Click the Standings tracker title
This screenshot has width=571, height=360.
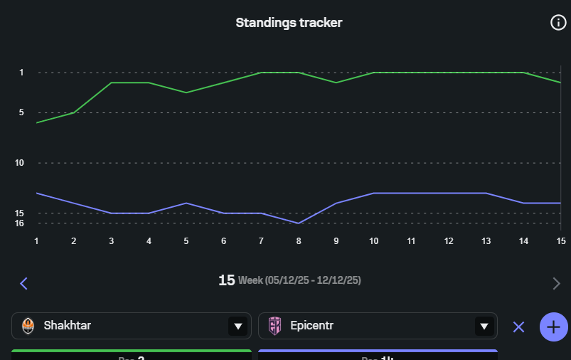(289, 23)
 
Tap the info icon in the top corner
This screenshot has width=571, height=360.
(558, 23)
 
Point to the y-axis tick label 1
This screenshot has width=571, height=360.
(21, 73)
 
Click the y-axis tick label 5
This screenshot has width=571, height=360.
(21, 112)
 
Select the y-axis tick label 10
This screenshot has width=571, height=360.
(20, 163)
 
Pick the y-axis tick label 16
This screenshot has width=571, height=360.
(20, 223)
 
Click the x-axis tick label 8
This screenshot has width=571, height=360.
(299, 241)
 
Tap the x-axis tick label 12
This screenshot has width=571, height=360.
(449, 241)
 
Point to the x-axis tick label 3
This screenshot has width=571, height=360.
(111, 241)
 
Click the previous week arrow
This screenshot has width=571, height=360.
(23, 284)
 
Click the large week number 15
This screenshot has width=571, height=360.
(226, 280)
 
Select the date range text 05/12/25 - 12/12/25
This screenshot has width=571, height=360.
(312, 281)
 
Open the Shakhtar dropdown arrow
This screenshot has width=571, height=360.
(238, 327)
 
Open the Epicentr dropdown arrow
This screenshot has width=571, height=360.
(484, 327)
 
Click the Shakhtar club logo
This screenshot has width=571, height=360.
(28, 327)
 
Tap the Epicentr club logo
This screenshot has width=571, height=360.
(274, 327)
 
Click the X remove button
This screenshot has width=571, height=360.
(518, 327)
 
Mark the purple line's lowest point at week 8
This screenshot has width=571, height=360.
(299, 223)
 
